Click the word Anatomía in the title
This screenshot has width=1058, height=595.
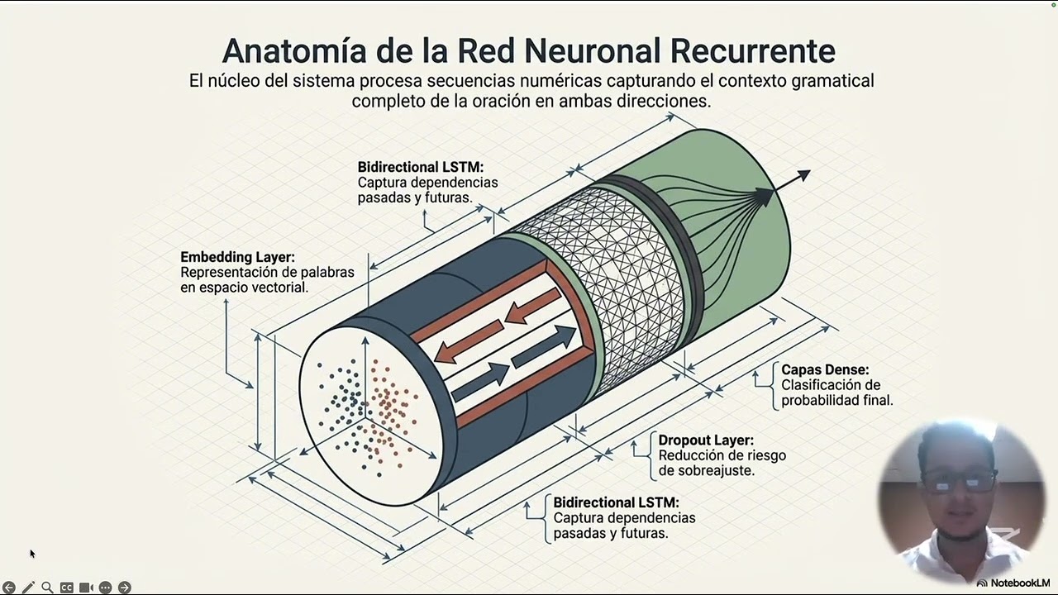click(x=294, y=50)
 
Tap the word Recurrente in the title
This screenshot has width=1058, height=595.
click(x=752, y=50)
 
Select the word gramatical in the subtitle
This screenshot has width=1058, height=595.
click(x=832, y=81)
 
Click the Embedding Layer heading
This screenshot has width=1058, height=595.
click(x=237, y=257)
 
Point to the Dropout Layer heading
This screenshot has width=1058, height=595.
click(x=706, y=440)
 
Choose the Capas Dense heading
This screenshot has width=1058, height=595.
click(x=825, y=369)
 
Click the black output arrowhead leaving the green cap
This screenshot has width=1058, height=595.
click(x=803, y=175)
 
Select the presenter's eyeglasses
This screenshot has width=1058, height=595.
click(x=959, y=482)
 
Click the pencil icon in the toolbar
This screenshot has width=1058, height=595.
click(x=28, y=587)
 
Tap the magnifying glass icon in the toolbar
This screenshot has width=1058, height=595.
click(x=47, y=587)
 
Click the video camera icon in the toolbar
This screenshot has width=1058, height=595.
click(x=86, y=587)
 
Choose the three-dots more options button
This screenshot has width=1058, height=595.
click(x=105, y=587)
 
